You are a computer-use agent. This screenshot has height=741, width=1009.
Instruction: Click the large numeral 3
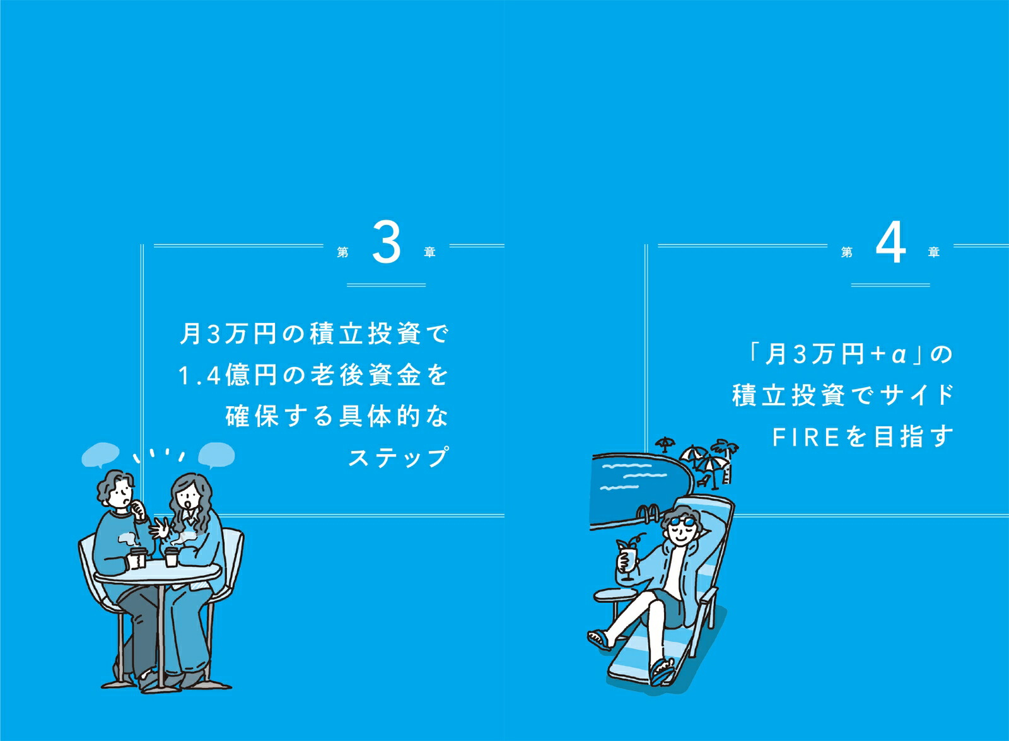pyautogui.click(x=386, y=243)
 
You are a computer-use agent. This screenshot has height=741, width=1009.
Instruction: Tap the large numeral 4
pyautogui.click(x=890, y=243)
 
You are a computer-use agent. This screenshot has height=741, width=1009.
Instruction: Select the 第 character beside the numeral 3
pyautogui.click(x=343, y=252)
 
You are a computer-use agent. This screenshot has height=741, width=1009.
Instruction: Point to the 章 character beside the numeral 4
pyautogui.click(x=934, y=252)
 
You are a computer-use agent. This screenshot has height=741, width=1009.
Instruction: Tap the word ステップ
pyautogui.click(x=399, y=458)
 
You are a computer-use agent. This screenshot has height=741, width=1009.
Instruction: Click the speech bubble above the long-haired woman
pyautogui.click(x=217, y=455)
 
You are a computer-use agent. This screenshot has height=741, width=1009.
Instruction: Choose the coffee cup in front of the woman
pyautogui.click(x=171, y=557)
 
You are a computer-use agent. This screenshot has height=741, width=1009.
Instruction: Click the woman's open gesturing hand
pyautogui.click(x=160, y=528)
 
